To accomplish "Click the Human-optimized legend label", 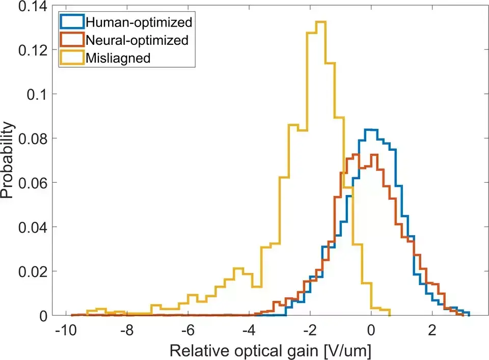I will point(139,22).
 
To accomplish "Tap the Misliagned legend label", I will point(118,58).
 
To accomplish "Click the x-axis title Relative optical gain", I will point(269,350).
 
